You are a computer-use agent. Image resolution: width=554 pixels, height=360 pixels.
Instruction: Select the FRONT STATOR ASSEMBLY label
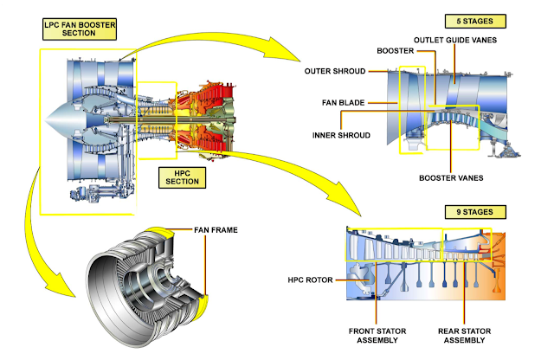(377, 334)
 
